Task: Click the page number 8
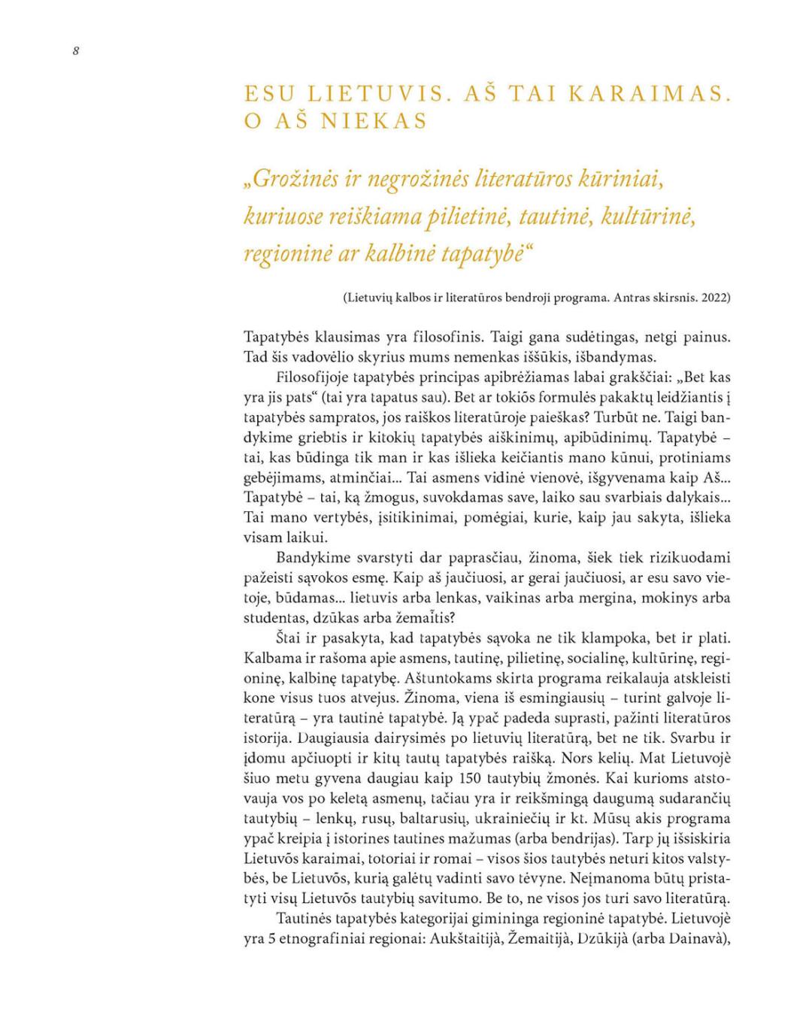[x=76, y=51]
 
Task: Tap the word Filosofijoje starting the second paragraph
[x=314, y=377]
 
